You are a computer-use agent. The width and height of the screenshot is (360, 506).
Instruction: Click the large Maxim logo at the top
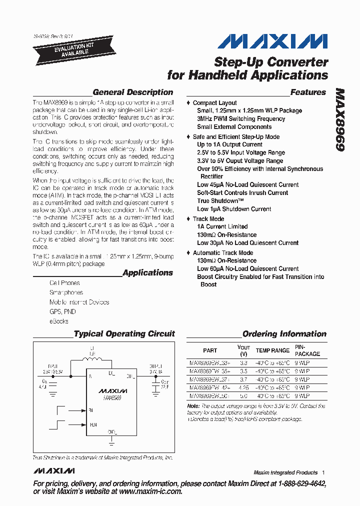273,41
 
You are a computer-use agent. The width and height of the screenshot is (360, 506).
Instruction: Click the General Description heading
132,92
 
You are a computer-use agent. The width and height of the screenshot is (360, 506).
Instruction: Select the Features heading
307,92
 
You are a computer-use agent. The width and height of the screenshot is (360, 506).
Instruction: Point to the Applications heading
147,273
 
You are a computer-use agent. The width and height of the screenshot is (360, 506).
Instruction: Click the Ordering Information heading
284,334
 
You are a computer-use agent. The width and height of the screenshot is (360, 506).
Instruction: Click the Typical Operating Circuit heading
124,334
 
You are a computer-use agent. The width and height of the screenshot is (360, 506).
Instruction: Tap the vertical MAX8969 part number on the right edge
339,120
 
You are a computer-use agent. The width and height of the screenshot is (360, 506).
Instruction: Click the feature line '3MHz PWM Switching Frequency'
240,119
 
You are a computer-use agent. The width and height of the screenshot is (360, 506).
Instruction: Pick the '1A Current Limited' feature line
222,226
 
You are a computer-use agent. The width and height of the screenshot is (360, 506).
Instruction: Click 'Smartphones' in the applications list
66,292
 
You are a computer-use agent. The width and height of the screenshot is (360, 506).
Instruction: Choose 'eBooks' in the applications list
59,321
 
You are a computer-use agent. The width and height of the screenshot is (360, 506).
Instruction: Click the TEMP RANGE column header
272,350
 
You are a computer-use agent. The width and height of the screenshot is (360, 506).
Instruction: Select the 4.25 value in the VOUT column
243,387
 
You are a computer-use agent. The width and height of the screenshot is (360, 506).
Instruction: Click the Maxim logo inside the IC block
112,391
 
